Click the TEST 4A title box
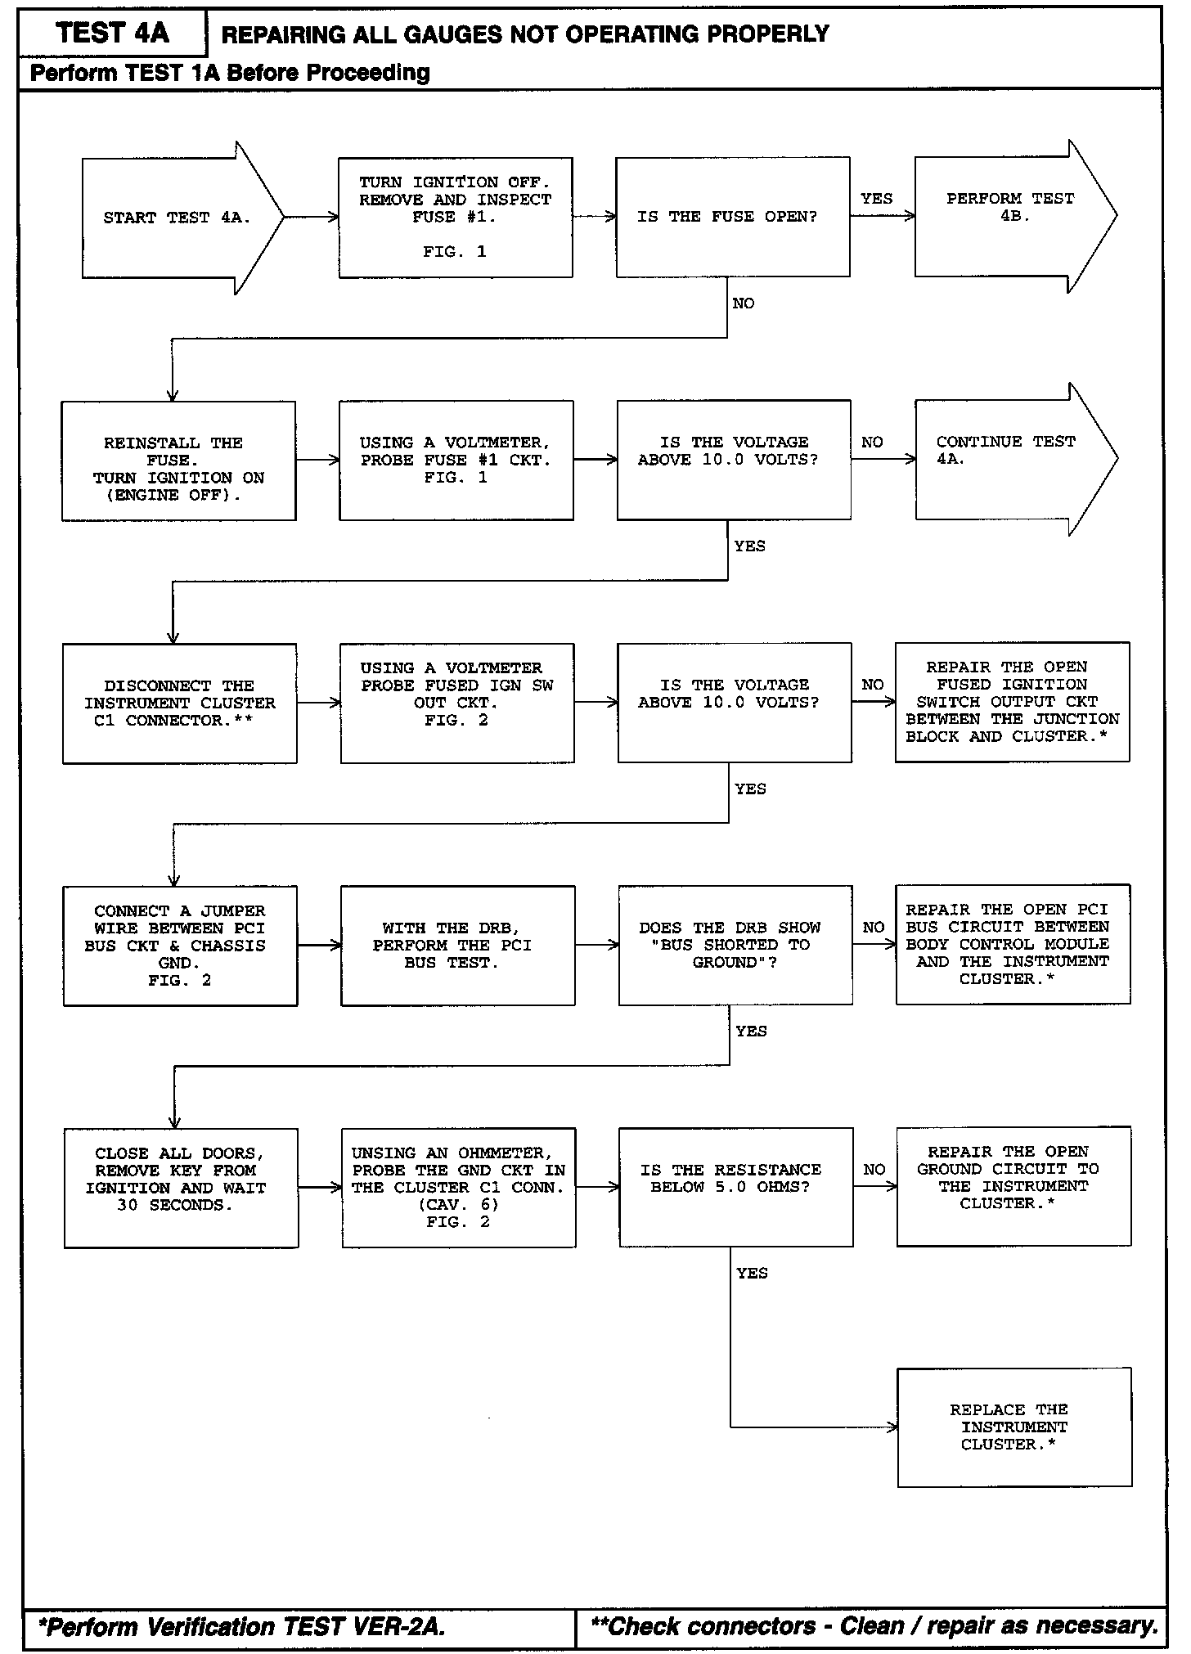tap(112, 34)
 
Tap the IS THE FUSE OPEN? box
tap(732, 217)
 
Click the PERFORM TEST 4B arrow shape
tap(1010, 216)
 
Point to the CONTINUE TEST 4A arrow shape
tap(1010, 459)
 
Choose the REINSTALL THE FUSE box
tap(178, 461)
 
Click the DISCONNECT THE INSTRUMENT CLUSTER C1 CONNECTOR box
tap(179, 703)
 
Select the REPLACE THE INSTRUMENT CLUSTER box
tap(1014, 1427)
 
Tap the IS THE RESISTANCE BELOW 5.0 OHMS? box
tap(735, 1187)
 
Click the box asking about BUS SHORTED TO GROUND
tap(735, 945)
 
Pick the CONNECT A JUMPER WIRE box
tap(180, 945)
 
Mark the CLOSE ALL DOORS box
tap(181, 1187)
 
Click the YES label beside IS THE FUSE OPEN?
tap(876, 199)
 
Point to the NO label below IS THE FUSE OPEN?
tap(743, 303)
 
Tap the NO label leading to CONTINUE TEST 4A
tap(872, 443)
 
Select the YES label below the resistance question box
tap(751, 1273)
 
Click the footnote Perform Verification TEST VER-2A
tap(243, 1626)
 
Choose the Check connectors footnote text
tap(874, 1625)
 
